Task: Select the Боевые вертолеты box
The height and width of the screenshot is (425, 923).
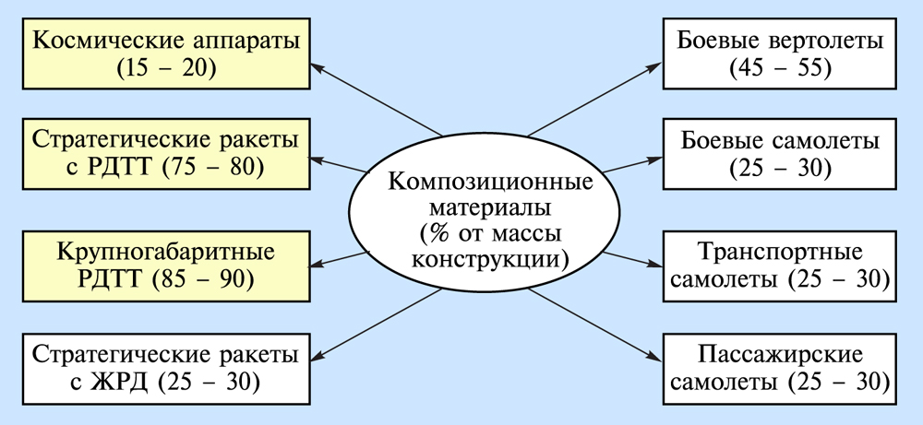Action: pyautogui.click(x=779, y=53)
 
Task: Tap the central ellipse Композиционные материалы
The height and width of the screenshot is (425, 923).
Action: pyautogui.click(x=475, y=219)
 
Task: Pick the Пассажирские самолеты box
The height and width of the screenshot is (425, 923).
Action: pyautogui.click(x=779, y=367)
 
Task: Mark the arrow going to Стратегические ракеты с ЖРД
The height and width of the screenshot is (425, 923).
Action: pyautogui.click(x=378, y=323)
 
